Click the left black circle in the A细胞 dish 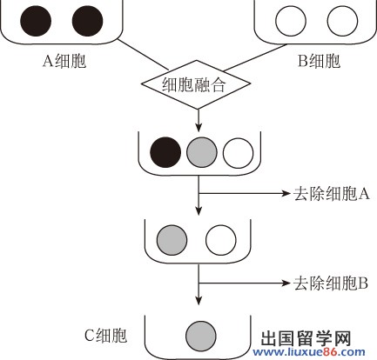click(36, 21)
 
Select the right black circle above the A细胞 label click(87, 21)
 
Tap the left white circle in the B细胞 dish click(291, 21)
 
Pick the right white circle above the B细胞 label click(342, 21)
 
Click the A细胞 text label click(64, 61)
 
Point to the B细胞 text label click(319, 61)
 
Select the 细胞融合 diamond click(196, 84)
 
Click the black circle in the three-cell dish click(165, 152)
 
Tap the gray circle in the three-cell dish click(202, 152)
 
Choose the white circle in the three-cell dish click(238, 152)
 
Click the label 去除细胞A click(332, 194)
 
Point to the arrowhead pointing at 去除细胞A click(286, 193)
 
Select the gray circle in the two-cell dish click(172, 240)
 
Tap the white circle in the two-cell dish click(221, 240)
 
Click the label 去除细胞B click(331, 283)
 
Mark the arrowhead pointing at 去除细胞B click(286, 283)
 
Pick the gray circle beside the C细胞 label click(201, 336)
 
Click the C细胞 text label click(105, 336)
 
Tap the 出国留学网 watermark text click(306, 338)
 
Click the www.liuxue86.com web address click(309, 352)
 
